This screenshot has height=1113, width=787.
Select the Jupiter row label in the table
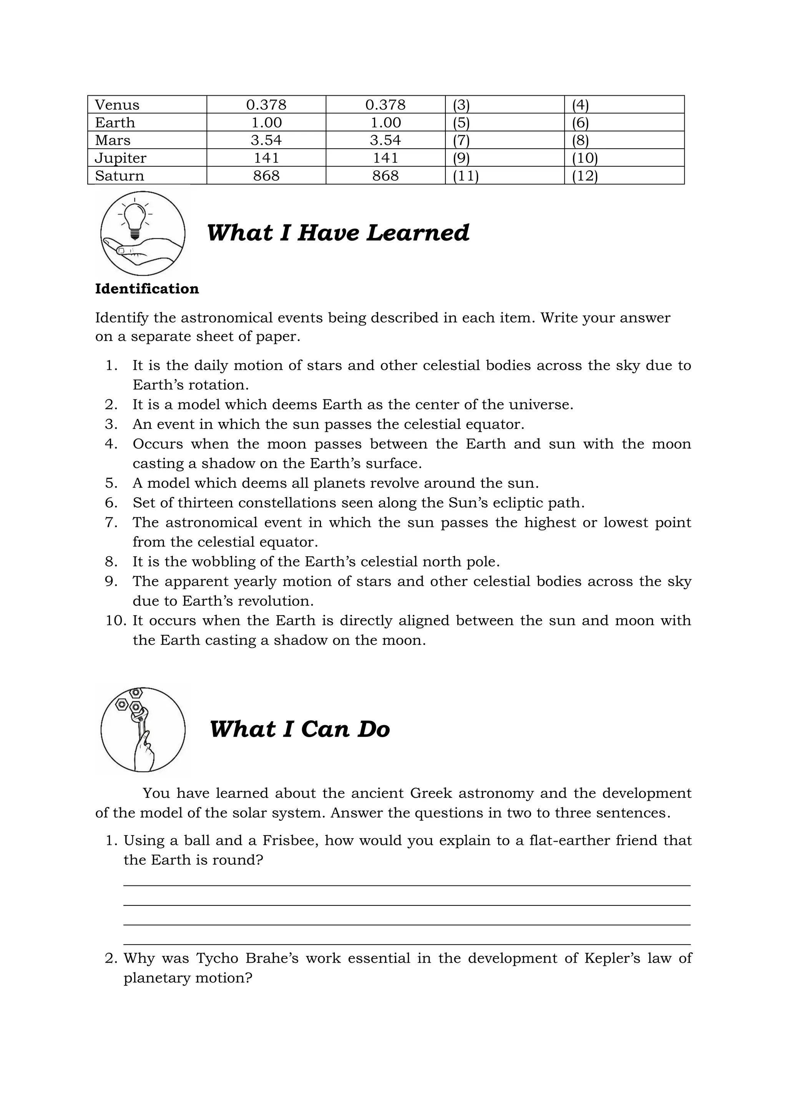coord(120,158)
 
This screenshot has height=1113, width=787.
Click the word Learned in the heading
coord(417,233)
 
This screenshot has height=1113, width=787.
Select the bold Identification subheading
coord(147,289)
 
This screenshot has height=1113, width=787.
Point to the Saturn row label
coord(119,176)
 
